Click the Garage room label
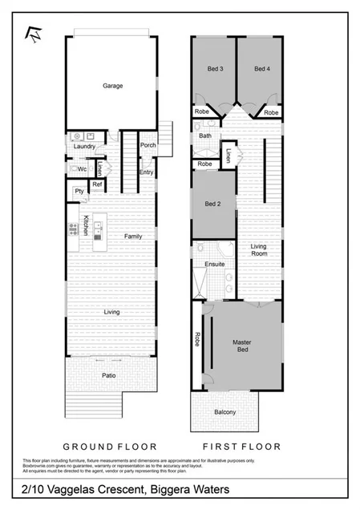pos(112,86)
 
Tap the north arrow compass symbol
pos(34,34)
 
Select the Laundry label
pos(84,147)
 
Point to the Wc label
pos(82,169)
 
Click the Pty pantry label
pos(79,191)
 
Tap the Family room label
pos(133,236)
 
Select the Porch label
pos(148,145)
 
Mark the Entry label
pos(147,172)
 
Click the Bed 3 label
pos(216,70)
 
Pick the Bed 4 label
pos(261,70)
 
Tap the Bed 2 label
pos(212,204)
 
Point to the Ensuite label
pos(214,264)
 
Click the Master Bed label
pos(242,346)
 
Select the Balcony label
pos(225,412)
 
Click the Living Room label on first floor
pos(259,250)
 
